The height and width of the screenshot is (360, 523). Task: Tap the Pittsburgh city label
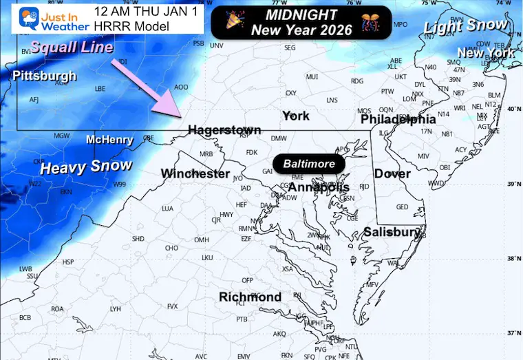click(x=43, y=76)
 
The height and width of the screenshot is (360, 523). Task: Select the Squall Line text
click(x=70, y=47)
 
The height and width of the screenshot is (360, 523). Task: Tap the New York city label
click(x=486, y=53)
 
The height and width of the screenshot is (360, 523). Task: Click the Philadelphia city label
click(x=398, y=119)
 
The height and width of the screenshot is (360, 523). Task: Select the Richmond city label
click(x=250, y=297)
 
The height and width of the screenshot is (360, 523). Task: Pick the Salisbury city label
click(x=392, y=232)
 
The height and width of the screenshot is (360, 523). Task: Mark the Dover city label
click(x=392, y=174)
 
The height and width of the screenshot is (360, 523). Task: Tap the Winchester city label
click(x=195, y=173)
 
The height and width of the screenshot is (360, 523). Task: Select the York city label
click(x=296, y=116)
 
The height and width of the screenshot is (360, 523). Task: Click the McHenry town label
click(x=109, y=140)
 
